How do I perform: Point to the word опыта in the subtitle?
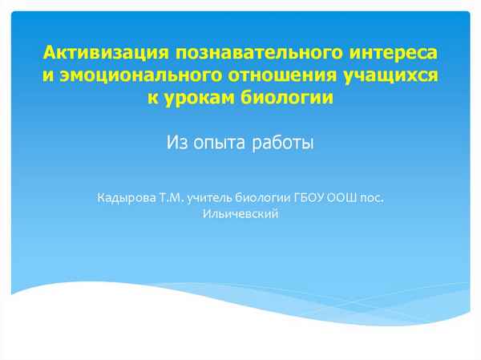click(x=219, y=144)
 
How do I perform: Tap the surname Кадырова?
click(x=126, y=197)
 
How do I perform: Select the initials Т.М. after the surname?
click(x=172, y=197)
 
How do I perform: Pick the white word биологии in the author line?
click(x=270, y=197)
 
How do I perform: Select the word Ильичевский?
click(x=240, y=213)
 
